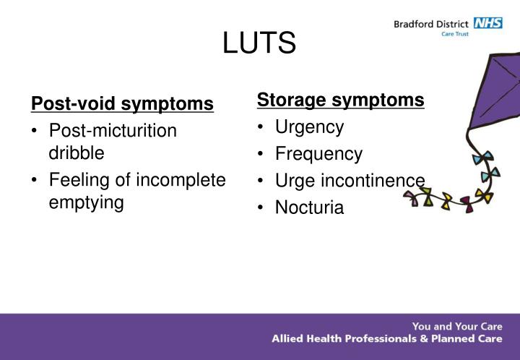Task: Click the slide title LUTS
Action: pos(259,43)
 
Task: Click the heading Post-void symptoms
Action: pos(122,104)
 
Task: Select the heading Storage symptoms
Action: pos(341,100)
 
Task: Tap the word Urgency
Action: pos(309,127)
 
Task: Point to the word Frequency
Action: pos(318,154)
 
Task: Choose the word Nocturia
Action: pos(309,208)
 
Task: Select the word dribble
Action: pos(77,153)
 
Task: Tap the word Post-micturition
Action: pos(113,131)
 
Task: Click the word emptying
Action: pos(86,202)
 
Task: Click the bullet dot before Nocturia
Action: pos(261,208)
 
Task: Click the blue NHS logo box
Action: pos(487,23)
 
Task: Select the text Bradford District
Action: pos(430,24)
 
